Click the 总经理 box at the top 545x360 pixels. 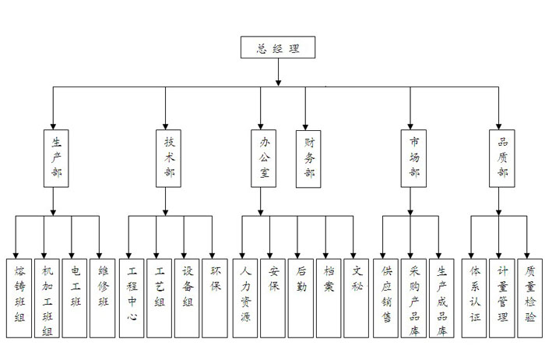[x=277, y=48]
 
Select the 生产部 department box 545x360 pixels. [x=54, y=157]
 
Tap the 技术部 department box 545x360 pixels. [x=167, y=157]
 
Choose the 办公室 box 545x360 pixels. [x=263, y=157]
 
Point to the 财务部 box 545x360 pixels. [x=306, y=157]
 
